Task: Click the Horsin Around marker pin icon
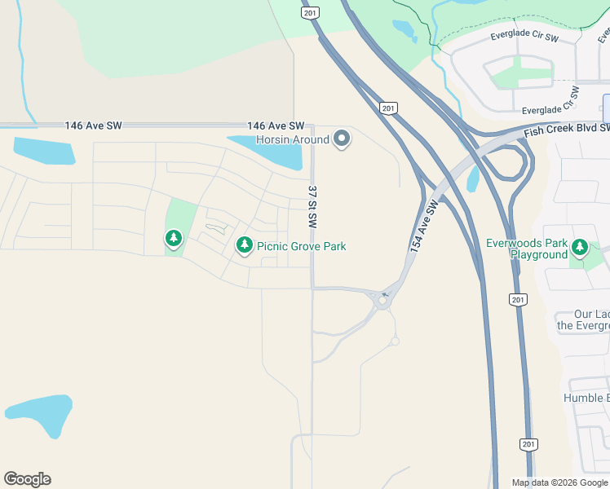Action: [x=343, y=139]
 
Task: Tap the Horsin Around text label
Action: [x=293, y=139]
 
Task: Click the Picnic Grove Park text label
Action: [x=301, y=246]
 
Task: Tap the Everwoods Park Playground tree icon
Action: [x=580, y=246]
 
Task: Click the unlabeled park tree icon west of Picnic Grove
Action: [x=173, y=239]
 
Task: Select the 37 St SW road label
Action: [x=312, y=205]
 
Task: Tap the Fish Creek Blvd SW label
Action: [x=567, y=130]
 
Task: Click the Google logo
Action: [x=27, y=479]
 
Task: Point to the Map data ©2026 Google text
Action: [x=559, y=482]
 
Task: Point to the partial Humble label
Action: [x=586, y=398]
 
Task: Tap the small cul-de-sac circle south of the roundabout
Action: [x=395, y=341]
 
